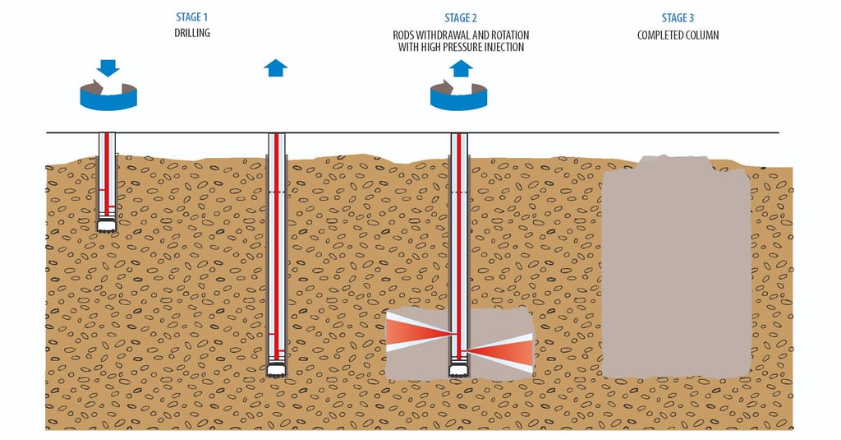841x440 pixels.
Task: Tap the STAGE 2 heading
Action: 459,18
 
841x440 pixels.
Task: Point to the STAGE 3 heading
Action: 679,18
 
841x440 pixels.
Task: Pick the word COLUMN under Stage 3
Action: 703,35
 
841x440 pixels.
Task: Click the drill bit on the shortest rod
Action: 107,225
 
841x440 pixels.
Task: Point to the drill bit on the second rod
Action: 277,371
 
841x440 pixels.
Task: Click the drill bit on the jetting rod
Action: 459,371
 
